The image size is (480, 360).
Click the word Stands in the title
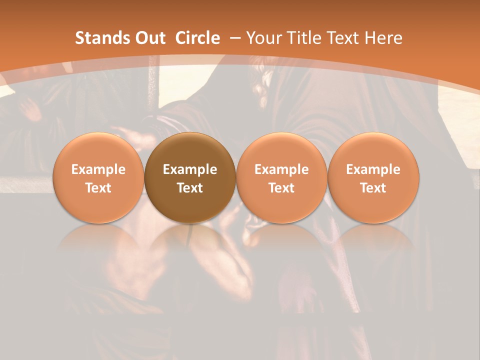(x=98, y=38)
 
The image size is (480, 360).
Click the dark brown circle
(x=190, y=178)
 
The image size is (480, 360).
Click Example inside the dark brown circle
(x=190, y=169)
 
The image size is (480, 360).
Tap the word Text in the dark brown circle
(x=190, y=188)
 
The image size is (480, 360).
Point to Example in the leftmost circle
(x=98, y=169)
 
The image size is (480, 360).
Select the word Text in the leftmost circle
(x=98, y=188)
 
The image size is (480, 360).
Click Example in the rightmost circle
(x=373, y=169)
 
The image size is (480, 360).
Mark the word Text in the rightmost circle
(x=373, y=188)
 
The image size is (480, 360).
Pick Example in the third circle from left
(x=281, y=169)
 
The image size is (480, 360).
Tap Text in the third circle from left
(x=281, y=188)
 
